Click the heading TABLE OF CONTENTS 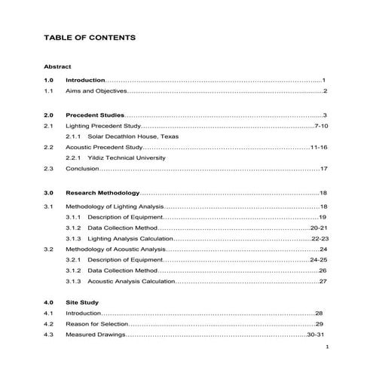[90, 37]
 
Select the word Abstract [58, 66]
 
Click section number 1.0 [49, 80]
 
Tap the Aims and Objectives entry [96, 91]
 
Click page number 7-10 [320, 126]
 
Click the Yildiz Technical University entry [126, 158]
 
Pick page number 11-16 [318, 148]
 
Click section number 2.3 [49, 169]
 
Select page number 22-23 [319, 237]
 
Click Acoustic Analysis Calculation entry [131, 281]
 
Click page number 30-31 [315, 334]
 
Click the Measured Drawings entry [94, 334]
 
